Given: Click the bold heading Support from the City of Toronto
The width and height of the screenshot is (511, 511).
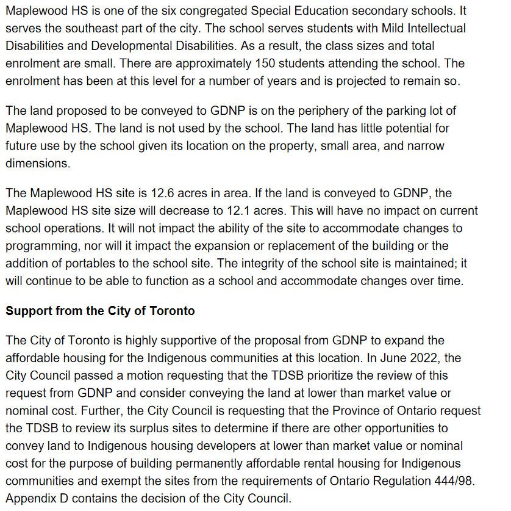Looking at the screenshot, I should [x=100, y=311].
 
